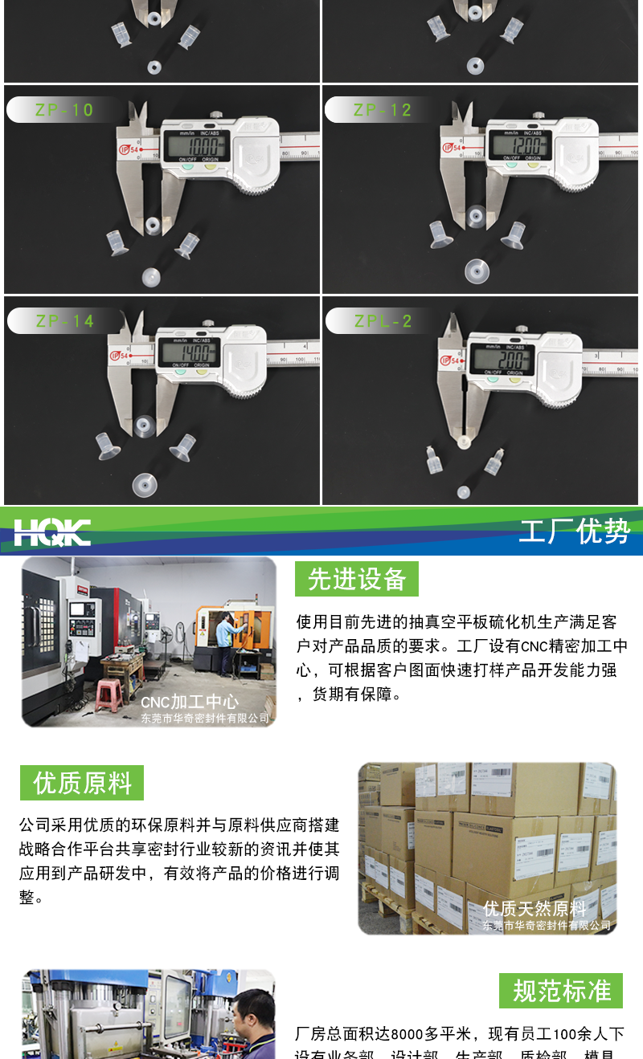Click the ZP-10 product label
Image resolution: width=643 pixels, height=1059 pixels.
(64, 110)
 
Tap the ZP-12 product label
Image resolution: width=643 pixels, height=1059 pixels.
(382, 110)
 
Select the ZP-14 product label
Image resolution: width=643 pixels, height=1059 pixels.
(64, 321)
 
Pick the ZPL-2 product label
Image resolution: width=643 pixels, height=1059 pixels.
(383, 321)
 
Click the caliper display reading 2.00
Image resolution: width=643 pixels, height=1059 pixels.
(503, 357)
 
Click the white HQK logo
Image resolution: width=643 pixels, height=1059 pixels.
(52, 532)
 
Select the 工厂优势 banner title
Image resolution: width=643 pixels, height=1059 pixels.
(574, 532)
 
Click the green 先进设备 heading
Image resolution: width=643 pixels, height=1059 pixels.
(357, 579)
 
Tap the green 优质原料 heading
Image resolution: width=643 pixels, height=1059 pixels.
(82, 783)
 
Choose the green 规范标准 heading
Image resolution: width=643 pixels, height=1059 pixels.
(561, 991)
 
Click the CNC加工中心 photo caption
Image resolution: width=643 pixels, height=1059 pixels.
(190, 702)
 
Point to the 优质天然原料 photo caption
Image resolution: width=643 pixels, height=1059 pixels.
(534, 908)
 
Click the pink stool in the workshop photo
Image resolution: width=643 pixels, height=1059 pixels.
(109, 695)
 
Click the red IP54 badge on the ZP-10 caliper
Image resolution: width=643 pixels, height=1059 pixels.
(127, 149)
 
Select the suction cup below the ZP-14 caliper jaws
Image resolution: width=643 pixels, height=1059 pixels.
(144, 426)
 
